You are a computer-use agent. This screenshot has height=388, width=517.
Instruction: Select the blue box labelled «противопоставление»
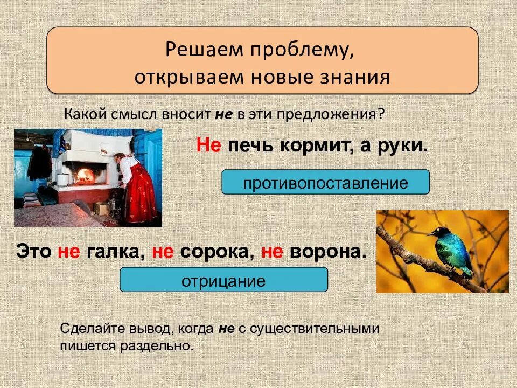(x=325, y=183)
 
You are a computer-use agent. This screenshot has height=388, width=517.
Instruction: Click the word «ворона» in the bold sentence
(x=323, y=252)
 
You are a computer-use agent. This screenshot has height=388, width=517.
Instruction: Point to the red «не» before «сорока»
(x=163, y=252)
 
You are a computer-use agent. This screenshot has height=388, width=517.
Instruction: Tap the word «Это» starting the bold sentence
(x=33, y=252)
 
